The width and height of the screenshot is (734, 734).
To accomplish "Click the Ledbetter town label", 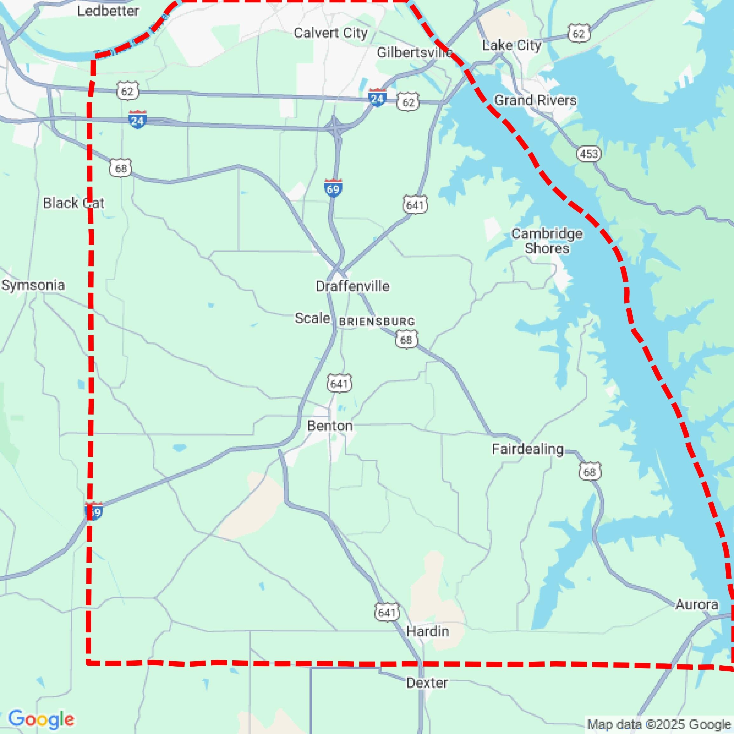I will tap(108, 11).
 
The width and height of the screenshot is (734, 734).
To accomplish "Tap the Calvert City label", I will tap(330, 33).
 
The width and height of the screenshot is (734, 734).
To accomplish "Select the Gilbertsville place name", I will tap(414, 52).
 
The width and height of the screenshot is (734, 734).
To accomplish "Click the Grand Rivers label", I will tap(535, 100).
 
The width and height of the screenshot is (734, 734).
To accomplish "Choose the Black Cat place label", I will tap(73, 203).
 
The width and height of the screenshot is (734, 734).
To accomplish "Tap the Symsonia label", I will tap(33, 285).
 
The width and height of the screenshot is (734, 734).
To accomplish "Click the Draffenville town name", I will tap(352, 286).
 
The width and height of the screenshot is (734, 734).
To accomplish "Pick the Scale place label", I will tap(312, 318).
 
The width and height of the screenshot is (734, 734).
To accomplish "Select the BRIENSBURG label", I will tap(377, 322).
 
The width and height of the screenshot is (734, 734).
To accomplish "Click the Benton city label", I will tap(330, 426).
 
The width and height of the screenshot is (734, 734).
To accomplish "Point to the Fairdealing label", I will tap(528, 449).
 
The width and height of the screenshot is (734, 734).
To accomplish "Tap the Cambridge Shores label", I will tap(547, 241).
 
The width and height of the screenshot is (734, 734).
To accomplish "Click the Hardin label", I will tap(427, 631).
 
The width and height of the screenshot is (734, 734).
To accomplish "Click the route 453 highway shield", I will tap(588, 154).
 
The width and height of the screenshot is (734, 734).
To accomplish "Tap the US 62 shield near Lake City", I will tap(579, 34).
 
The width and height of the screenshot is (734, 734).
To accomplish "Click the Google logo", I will tap(41, 719).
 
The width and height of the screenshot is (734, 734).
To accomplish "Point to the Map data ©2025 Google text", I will tap(659, 724).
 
